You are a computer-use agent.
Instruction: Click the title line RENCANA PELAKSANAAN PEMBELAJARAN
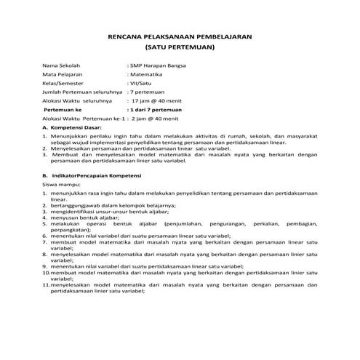point(180,35)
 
